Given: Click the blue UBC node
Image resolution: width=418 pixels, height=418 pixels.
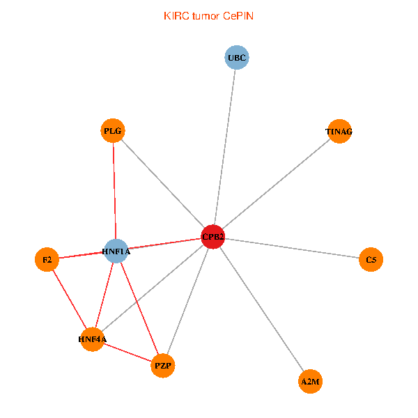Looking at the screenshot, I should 237,57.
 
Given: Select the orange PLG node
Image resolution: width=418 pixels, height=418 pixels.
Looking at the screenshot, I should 113,130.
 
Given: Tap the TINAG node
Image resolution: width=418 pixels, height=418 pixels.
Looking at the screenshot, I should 339,131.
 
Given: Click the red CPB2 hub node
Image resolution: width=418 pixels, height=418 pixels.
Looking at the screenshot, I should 212,237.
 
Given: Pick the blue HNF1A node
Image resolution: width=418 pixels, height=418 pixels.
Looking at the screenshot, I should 116,251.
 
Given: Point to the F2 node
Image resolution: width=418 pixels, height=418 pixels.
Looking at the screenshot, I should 47,260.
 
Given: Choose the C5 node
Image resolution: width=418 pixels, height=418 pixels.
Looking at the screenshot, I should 371,260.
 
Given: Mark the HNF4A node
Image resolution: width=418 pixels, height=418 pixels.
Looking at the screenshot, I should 92,340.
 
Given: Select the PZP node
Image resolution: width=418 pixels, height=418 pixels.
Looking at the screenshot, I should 162,365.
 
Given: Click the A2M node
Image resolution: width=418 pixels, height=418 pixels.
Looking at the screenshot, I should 311,381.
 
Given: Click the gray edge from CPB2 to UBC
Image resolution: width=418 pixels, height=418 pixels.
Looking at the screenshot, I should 225,146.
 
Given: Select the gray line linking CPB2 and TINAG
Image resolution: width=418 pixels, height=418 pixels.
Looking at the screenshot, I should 276,184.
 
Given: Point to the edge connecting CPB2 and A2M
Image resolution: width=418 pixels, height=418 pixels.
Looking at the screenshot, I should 262,309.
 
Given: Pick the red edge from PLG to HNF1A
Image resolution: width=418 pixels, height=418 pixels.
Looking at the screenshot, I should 114,191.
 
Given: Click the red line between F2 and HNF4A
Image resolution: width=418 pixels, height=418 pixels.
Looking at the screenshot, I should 69,300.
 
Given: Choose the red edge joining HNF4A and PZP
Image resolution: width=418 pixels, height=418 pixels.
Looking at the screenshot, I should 127,353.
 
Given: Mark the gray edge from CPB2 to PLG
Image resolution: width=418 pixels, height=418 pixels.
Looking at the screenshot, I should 163,184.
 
